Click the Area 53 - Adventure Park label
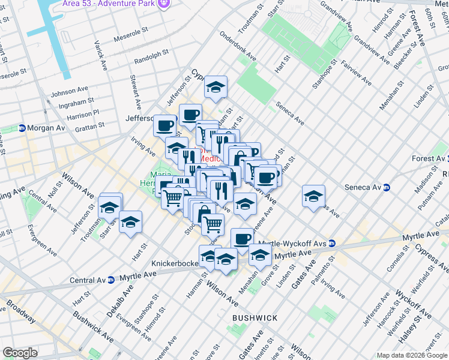coord(109,5)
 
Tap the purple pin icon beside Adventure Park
coord(165,5)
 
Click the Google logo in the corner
coord(20,353)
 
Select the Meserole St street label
coord(128,31)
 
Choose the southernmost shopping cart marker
coord(212,224)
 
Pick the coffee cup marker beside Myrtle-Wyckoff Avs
coord(242,238)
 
